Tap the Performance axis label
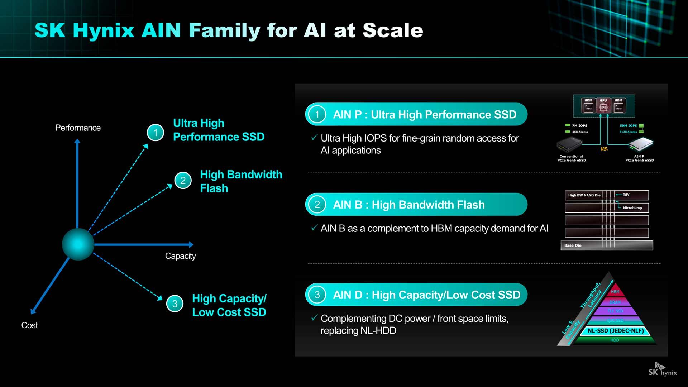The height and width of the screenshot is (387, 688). coord(78,128)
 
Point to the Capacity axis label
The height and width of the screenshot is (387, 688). coord(180,256)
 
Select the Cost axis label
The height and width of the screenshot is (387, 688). coord(29,325)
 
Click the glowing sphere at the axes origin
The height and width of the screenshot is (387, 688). coord(78,244)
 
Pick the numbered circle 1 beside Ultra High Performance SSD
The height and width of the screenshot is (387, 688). coord(156,133)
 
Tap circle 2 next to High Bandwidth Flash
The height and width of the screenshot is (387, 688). coord(183,180)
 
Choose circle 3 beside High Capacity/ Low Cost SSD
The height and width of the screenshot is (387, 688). coord(175,304)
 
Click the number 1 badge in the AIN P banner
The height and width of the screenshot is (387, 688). coord(317,114)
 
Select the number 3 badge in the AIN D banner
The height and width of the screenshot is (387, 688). coord(317,295)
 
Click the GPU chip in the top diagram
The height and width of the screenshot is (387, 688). coord(603,106)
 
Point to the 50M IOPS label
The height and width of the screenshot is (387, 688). coord(628,126)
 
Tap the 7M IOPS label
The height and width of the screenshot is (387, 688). coord(579,126)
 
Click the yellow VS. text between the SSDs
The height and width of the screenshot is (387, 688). coord(604,149)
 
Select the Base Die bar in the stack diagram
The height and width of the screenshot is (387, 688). coord(607,245)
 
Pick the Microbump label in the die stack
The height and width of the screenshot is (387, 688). coord(632,208)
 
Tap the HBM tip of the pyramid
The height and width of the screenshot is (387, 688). coord(615,292)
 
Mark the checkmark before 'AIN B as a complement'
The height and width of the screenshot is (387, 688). coord(314,228)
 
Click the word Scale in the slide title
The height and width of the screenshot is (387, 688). coord(393,30)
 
